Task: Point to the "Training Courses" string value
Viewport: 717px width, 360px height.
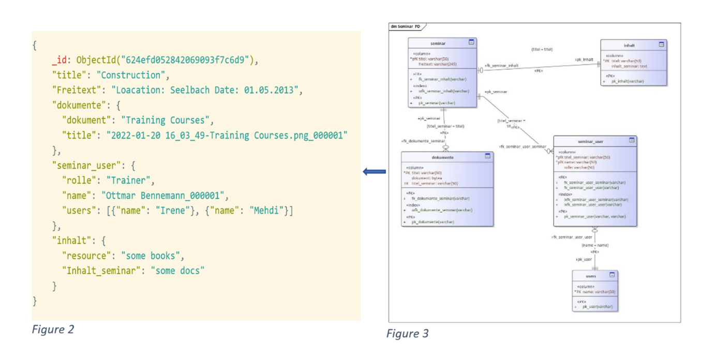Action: (167, 120)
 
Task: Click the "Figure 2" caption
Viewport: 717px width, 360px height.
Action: (53, 329)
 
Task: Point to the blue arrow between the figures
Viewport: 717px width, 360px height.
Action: (374, 172)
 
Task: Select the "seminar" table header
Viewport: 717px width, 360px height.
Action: (438, 43)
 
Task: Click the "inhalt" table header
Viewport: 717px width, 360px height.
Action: (629, 46)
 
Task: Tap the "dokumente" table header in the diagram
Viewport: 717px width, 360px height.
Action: (443, 157)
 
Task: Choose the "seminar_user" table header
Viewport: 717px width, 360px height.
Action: (590, 141)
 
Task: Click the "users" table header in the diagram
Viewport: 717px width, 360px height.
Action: (591, 276)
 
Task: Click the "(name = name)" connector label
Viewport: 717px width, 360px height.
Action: (594, 245)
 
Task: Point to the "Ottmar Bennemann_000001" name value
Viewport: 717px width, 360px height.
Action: (164, 196)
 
